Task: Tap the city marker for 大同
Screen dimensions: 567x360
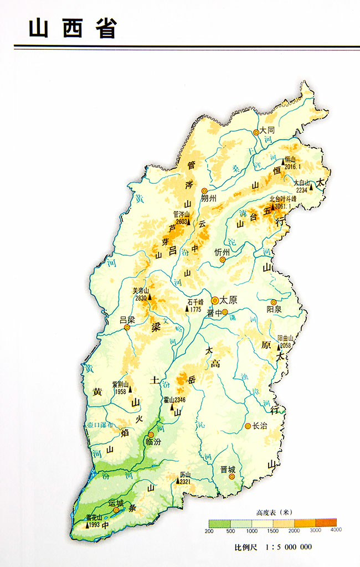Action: pos(256,132)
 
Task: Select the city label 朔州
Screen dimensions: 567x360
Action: pos(211,198)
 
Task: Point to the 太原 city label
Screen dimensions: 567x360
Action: pos(228,301)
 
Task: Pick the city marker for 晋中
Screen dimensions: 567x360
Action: pos(225,312)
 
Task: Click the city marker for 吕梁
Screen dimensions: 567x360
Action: pos(127,327)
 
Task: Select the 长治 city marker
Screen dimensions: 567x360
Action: pos(248,426)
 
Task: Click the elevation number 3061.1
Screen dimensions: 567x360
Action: pos(283,205)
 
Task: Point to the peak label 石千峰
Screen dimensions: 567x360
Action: pos(196,302)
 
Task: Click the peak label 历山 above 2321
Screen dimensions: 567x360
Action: pos(185,475)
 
